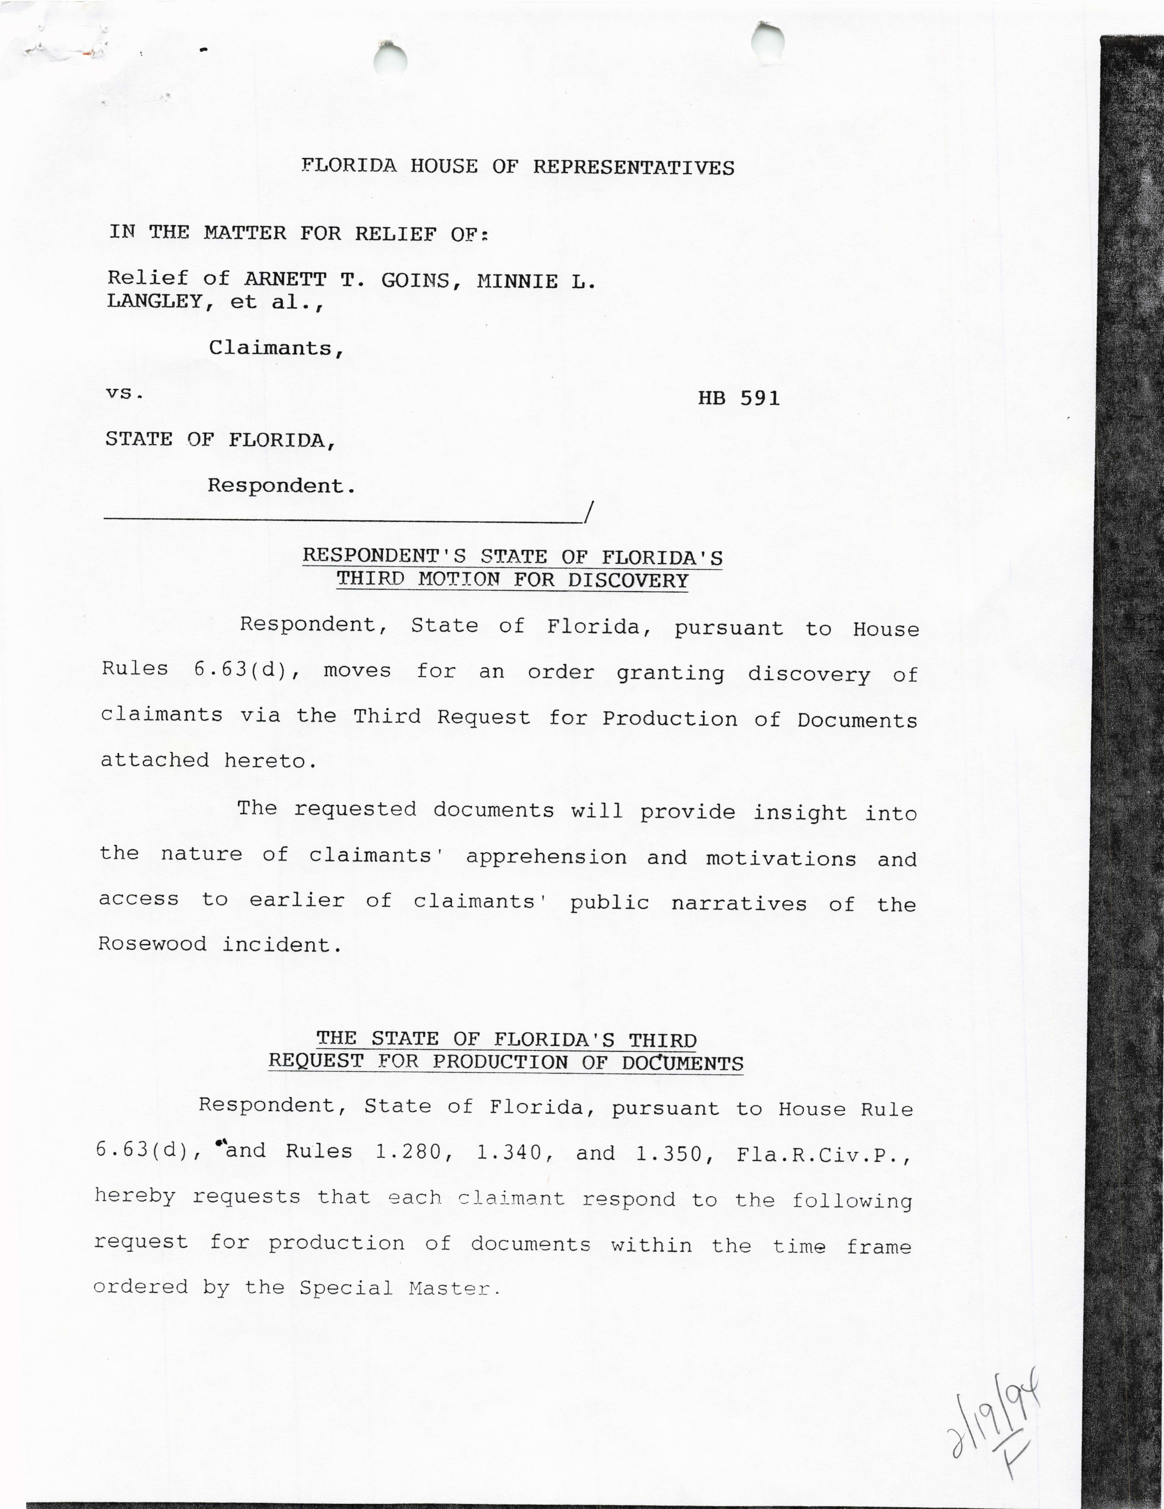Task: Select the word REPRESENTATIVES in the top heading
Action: (633, 167)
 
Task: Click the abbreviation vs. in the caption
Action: (124, 393)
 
